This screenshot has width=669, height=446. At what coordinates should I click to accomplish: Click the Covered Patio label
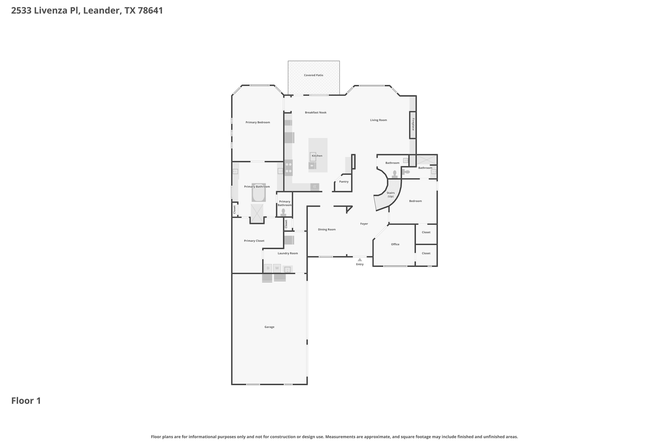(313, 75)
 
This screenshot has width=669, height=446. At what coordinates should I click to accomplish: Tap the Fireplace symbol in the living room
(413, 125)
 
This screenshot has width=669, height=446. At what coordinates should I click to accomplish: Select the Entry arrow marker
(360, 260)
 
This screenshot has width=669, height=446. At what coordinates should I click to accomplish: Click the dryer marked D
(268, 268)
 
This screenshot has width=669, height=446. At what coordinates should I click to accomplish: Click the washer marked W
(277, 268)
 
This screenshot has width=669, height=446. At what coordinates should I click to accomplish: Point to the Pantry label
(344, 182)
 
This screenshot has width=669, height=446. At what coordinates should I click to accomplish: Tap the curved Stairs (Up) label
(390, 195)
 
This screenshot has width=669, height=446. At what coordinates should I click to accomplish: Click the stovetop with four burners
(288, 168)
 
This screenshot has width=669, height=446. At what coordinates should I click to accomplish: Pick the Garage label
(269, 327)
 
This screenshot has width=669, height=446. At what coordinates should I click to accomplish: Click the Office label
(395, 244)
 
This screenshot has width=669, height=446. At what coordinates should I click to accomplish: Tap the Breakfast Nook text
(316, 112)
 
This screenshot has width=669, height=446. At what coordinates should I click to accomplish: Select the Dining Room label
(327, 230)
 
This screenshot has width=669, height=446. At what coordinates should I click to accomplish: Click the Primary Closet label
(254, 241)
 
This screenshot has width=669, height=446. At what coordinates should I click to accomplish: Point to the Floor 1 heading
(26, 401)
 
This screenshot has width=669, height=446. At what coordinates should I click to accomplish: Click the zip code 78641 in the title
(150, 10)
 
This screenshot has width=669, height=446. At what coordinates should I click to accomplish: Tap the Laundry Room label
(287, 254)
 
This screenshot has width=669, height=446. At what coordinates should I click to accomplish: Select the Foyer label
(364, 224)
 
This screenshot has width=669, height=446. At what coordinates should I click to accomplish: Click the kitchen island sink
(313, 157)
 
